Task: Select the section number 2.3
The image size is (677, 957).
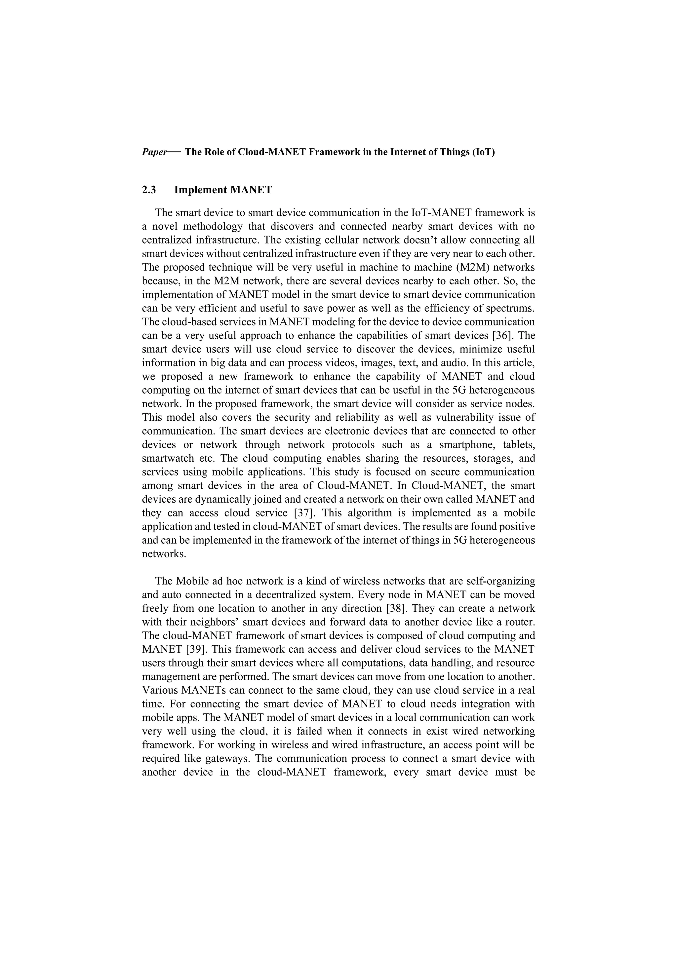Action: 149,190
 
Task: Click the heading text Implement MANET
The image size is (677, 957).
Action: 223,190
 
